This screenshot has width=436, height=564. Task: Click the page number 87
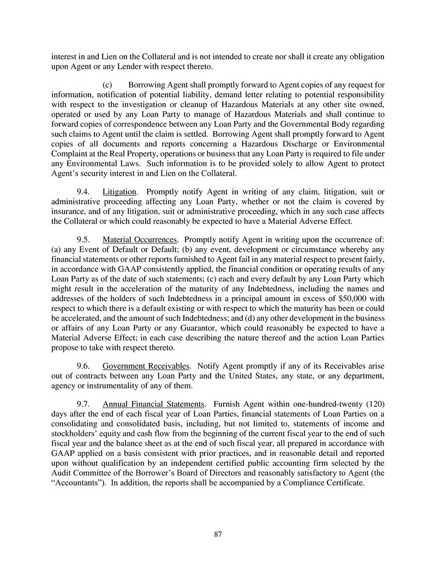[x=218, y=534]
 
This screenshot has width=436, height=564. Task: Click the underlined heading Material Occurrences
[x=140, y=239]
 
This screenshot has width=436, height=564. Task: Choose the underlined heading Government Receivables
[x=146, y=363]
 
